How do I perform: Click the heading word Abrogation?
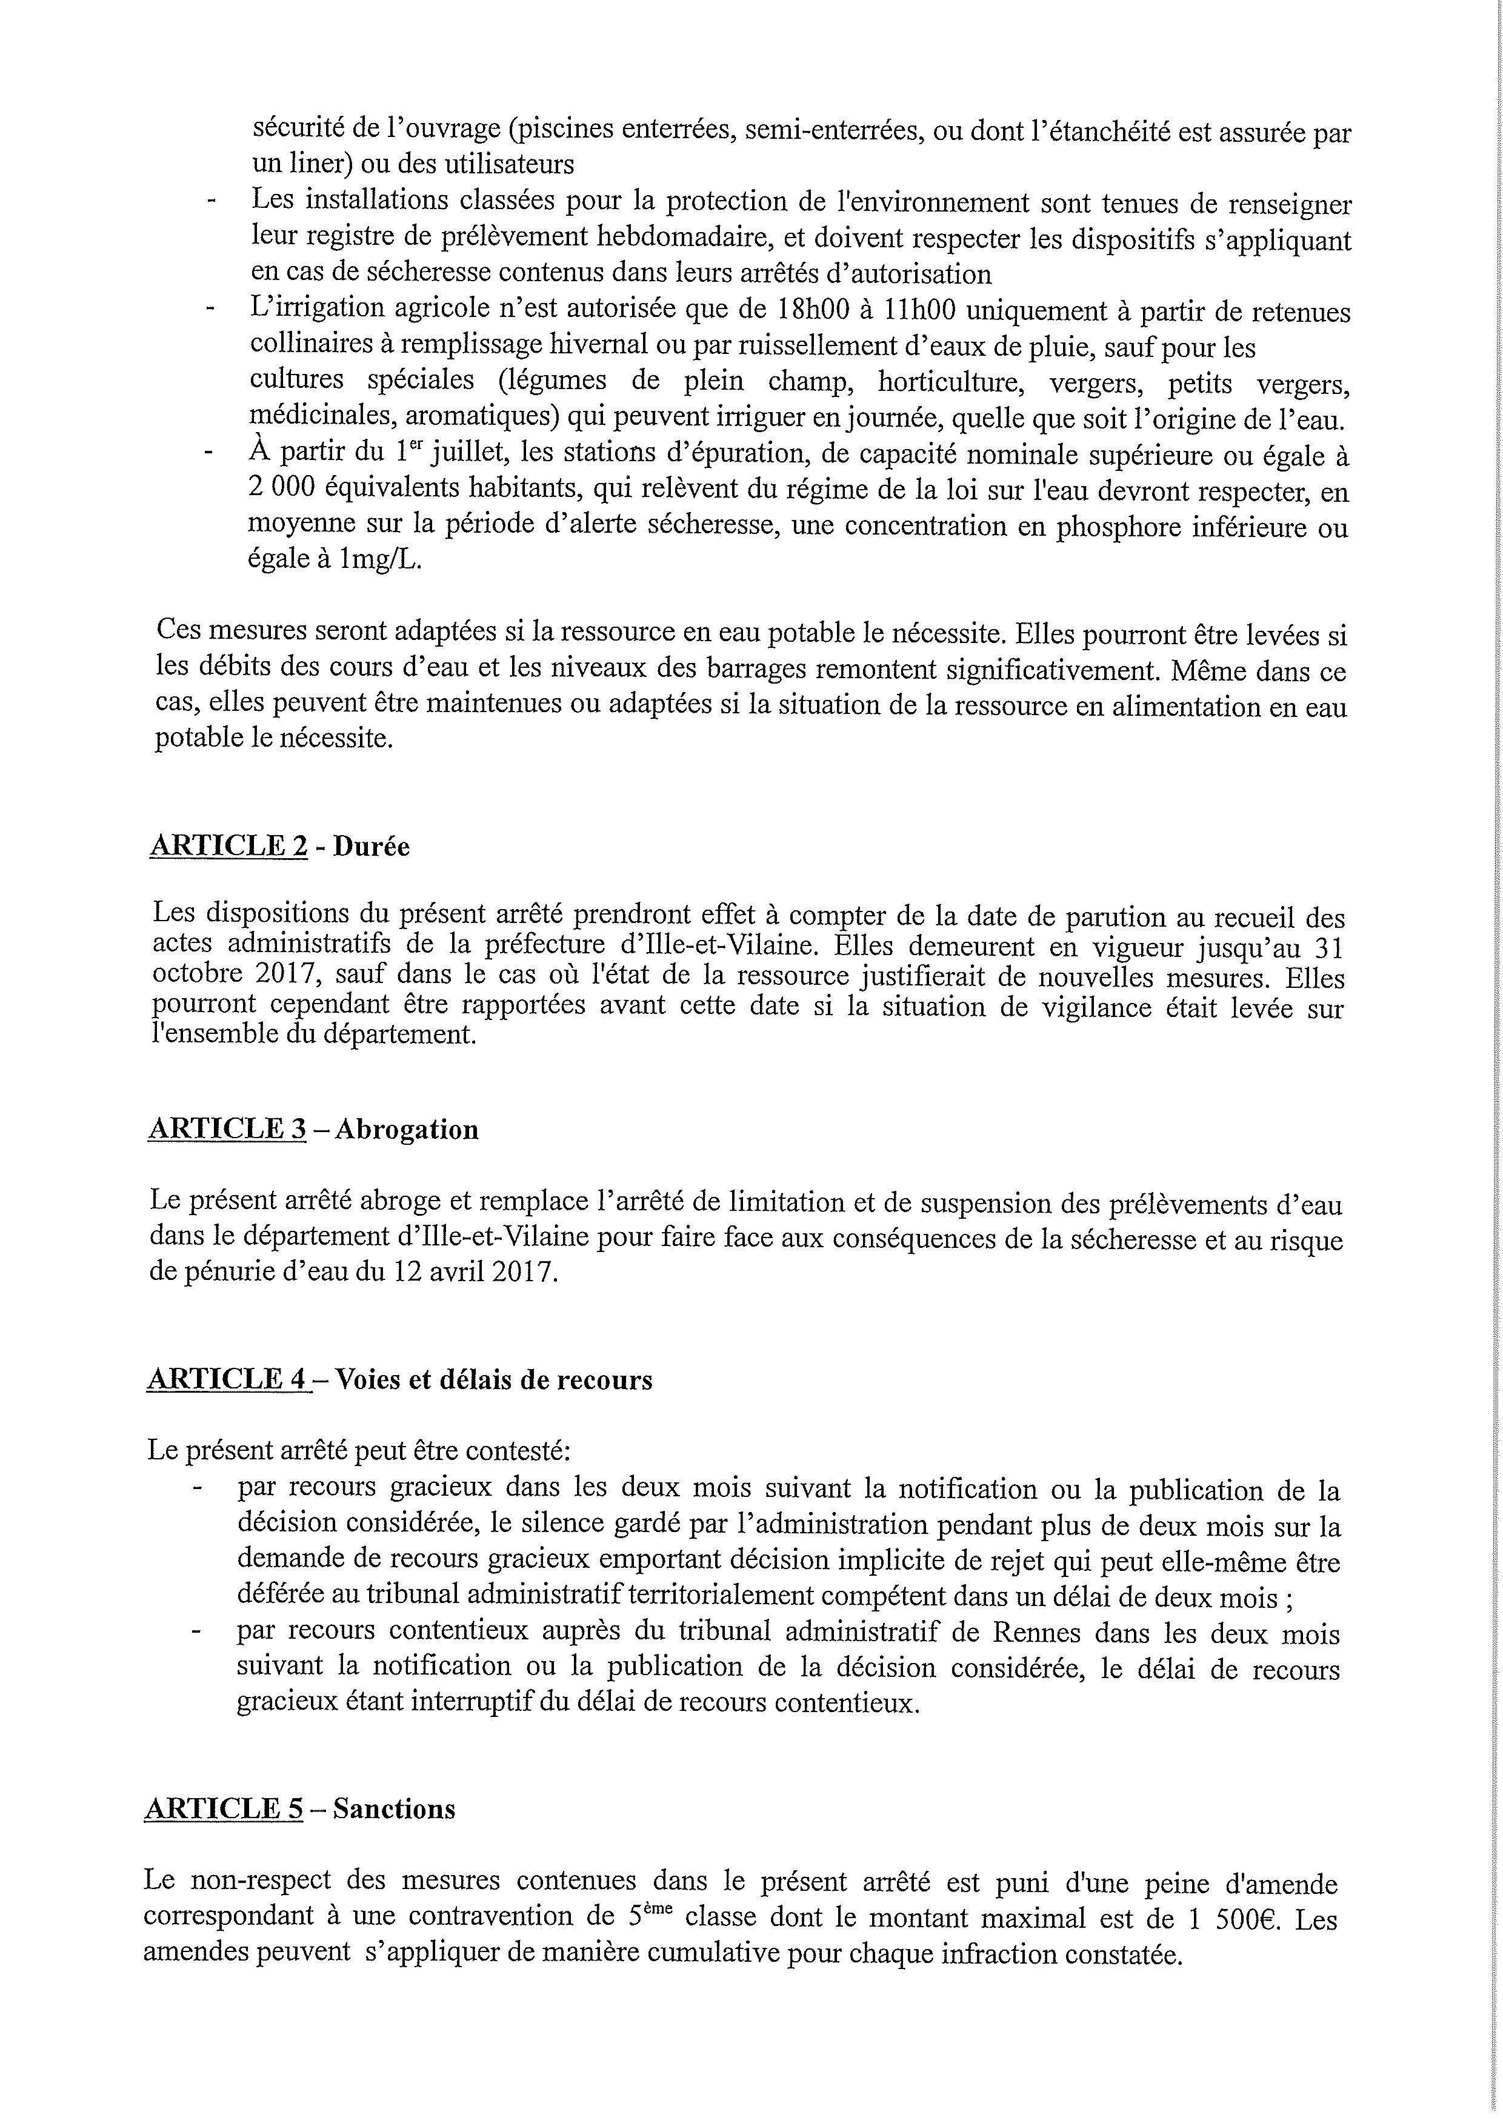click(x=407, y=1130)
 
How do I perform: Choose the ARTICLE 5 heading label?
click(x=224, y=1808)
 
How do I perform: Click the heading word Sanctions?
click(x=395, y=1809)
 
